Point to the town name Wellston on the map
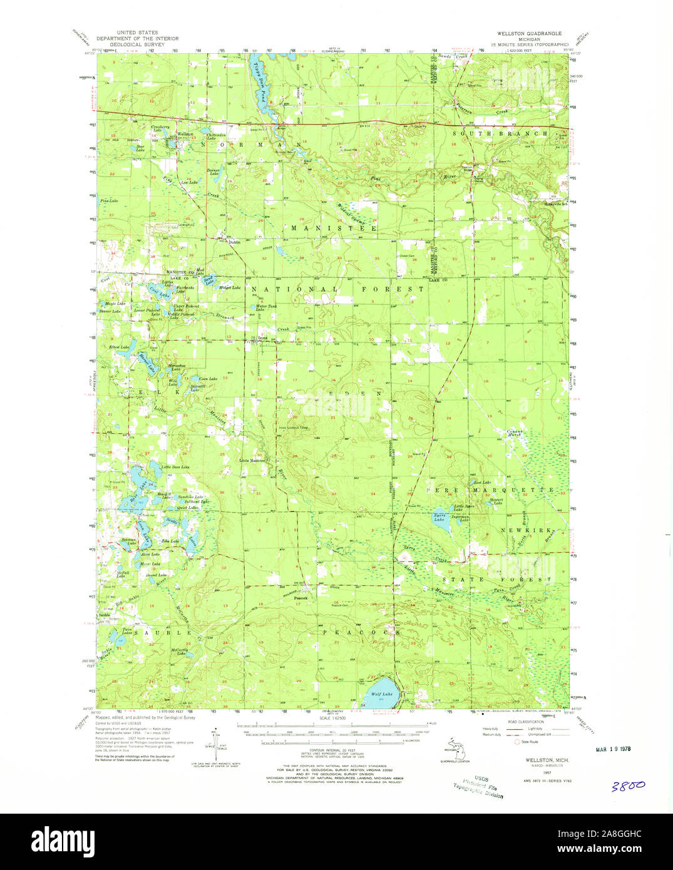pos(185,134)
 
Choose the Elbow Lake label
pos(119,347)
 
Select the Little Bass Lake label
pos(175,468)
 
